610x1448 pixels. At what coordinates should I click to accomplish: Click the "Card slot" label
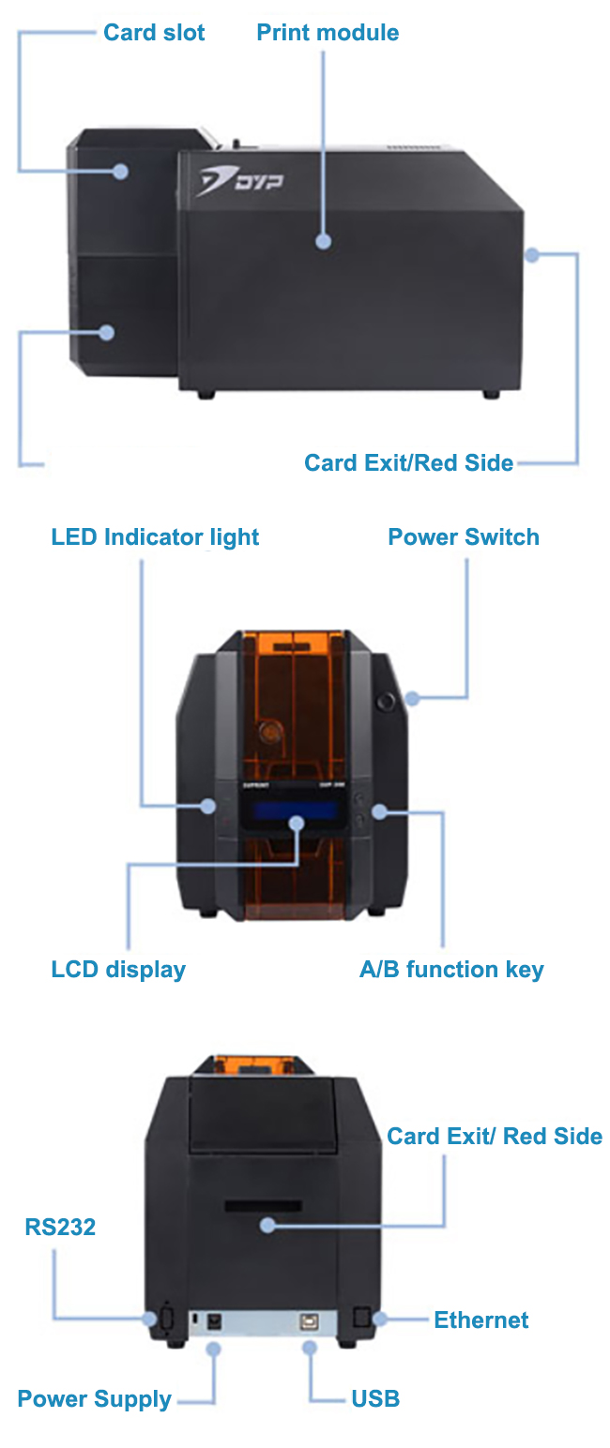(x=154, y=33)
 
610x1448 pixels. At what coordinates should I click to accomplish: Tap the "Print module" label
(x=328, y=33)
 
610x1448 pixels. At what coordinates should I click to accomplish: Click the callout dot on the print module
(x=323, y=241)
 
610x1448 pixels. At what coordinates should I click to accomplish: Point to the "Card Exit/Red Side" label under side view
(x=408, y=462)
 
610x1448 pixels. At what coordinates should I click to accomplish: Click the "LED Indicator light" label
(x=155, y=537)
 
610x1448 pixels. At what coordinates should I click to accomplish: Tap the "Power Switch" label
(x=464, y=537)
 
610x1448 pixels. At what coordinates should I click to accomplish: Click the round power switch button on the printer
(x=385, y=700)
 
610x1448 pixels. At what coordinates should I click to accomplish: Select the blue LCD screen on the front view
(x=282, y=810)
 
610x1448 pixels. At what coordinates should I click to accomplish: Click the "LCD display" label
(x=118, y=969)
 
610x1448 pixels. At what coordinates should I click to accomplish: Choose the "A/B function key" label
(x=451, y=969)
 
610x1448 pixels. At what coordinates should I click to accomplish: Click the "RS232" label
(x=60, y=1227)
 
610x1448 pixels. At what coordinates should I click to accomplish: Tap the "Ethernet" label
(x=480, y=1320)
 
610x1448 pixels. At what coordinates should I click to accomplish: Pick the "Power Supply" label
(x=94, y=1399)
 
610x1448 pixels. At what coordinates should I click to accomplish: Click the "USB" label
(x=375, y=1399)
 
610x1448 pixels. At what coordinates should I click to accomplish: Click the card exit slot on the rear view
(x=264, y=1205)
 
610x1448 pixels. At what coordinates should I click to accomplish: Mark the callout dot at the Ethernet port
(x=380, y=1320)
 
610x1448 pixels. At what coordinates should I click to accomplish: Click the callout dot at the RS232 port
(x=150, y=1319)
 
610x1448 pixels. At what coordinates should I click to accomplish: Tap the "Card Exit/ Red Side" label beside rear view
(x=495, y=1136)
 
